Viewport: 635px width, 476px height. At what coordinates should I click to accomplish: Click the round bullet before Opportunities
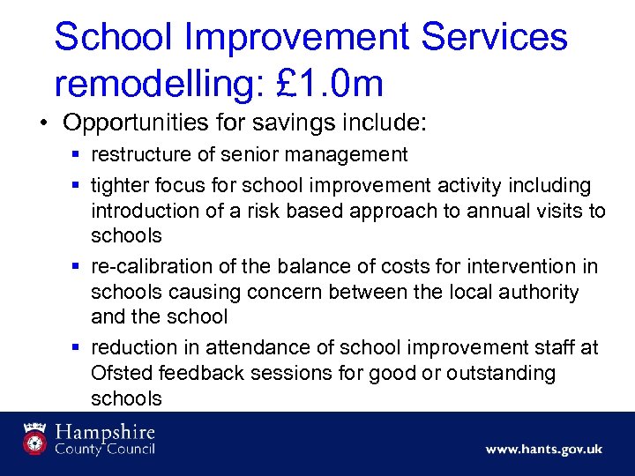coord(43,122)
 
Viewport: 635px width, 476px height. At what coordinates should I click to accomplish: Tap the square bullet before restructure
coord(78,155)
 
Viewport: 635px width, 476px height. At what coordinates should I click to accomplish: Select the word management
coord(352,155)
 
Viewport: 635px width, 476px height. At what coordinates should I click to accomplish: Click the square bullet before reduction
coord(78,348)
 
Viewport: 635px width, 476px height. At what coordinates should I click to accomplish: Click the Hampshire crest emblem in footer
coord(34,438)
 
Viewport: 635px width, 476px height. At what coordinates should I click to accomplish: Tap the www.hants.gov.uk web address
coord(543,450)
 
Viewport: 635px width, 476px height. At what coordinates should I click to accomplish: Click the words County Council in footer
coord(105,449)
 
